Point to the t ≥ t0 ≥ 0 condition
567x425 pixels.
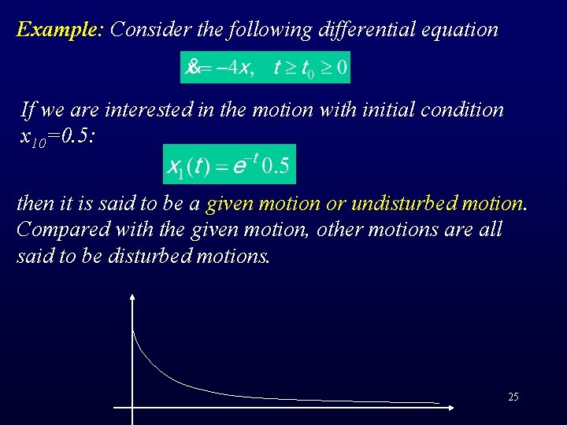point(309,68)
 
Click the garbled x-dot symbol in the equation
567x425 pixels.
point(192,68)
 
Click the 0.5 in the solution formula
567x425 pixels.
point(275,167)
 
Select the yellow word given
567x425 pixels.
point(228,204)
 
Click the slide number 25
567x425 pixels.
point(513,397)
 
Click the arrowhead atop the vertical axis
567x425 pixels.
point(132,297)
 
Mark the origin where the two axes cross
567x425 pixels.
point(132,408)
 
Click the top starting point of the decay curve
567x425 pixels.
point(133,331)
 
